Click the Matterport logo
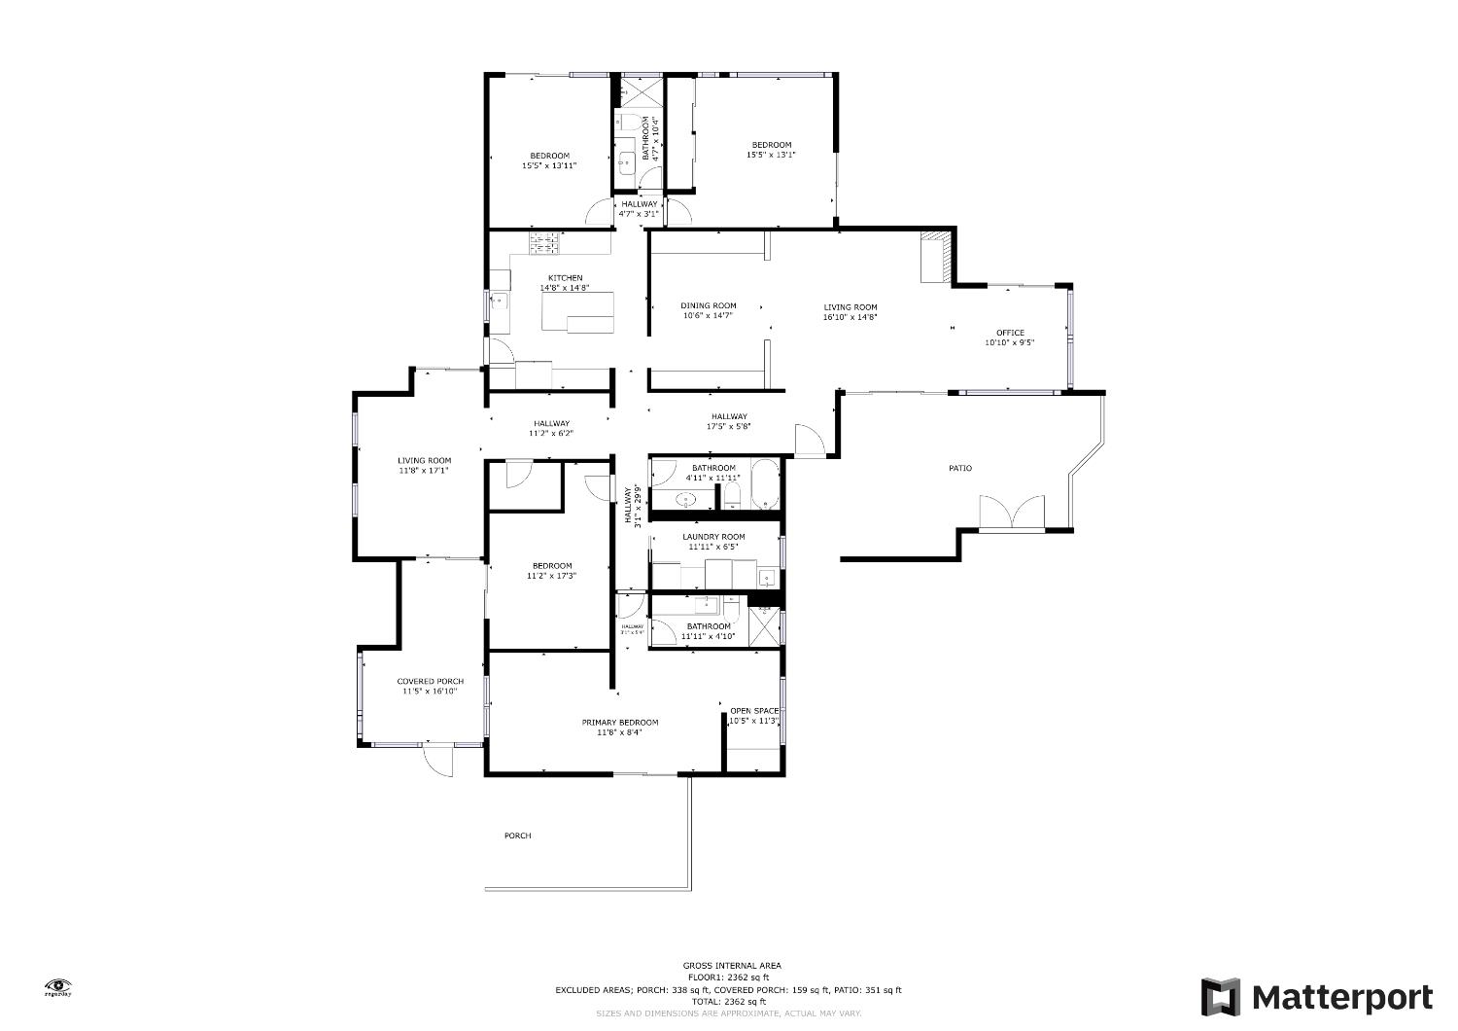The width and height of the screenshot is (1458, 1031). (x=1316, y=997)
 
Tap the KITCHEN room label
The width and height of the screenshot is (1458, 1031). (x=565, y=278)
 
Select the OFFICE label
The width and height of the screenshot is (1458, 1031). (x=1010, y=333)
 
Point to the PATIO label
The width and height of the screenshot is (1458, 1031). (x=959, y=469)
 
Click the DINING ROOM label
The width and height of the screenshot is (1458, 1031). (x=708, y=305)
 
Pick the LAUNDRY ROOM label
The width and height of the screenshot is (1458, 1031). (x=713, y=537)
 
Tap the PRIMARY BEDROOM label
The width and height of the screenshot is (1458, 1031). (x=620, y=722)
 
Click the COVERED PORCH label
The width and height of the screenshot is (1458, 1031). (x=430, y=681)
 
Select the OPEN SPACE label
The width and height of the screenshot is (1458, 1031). (x=754, y=710)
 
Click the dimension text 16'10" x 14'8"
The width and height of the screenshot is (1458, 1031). (x=850, y=317)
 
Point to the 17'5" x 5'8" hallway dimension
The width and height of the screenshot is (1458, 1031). (x=729, y=426)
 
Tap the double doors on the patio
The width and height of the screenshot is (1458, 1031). (x=1012, y=513)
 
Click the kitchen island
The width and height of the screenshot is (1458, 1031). (x=578, y=311)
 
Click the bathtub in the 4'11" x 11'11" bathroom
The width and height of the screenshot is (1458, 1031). (x=765, y=484)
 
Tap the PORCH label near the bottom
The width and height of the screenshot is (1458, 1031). (x=517, y=835)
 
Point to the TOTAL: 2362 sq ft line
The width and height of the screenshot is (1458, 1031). (x=729, y=1001)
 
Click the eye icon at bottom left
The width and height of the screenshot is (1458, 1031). (x=58, y=984)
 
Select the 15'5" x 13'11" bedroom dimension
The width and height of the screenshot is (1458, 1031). (x=549, y=166)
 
